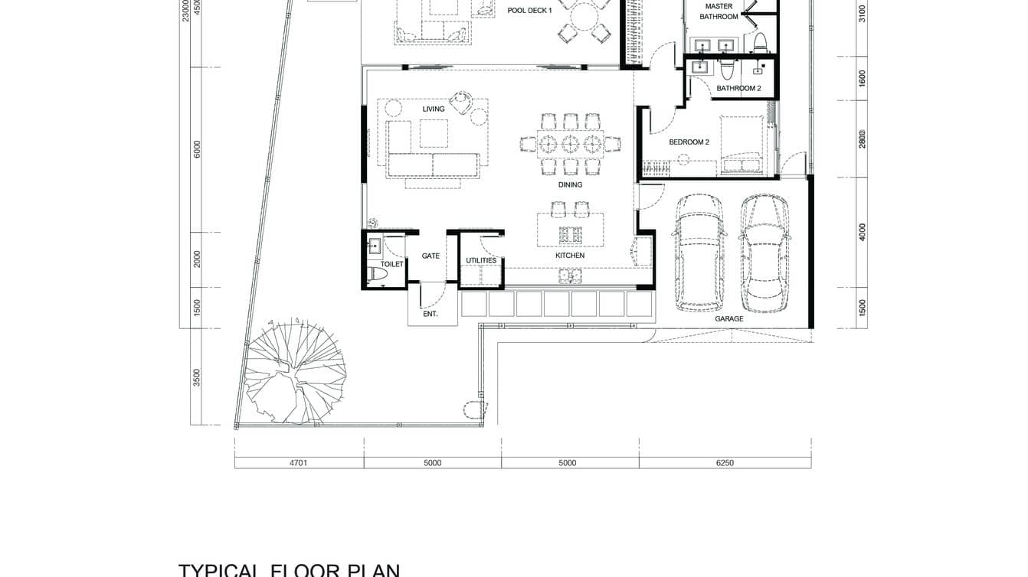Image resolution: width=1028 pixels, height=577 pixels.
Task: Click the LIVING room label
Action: (434, 109)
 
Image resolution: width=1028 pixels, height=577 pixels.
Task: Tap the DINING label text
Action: (570, 184)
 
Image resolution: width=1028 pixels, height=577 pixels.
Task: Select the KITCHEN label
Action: (570, 256)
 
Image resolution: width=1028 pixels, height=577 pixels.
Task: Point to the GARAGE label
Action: (729, 318)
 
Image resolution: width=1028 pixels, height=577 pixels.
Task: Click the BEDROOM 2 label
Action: (689, 142)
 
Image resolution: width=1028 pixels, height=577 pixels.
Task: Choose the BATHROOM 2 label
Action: (738, 89)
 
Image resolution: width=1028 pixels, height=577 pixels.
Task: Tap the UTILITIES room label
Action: (481, 261)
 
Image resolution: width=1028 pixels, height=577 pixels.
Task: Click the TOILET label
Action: (391, 264)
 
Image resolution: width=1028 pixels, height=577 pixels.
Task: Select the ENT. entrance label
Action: (431, 314)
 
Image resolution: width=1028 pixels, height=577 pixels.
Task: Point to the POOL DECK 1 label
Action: (529, 11)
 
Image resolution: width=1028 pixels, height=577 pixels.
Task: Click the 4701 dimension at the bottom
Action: (298, 463)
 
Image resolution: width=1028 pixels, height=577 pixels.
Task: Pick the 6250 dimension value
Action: (724, 463)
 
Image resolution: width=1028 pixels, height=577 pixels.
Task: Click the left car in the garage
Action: (696, 253)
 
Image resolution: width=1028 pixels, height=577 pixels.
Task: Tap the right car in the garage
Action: (764, 253)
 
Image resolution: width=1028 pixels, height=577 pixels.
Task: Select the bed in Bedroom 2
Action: (741, 145)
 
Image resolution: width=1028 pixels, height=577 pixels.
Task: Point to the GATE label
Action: (431, 256)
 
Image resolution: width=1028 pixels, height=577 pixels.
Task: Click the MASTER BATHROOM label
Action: (719, 11)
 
